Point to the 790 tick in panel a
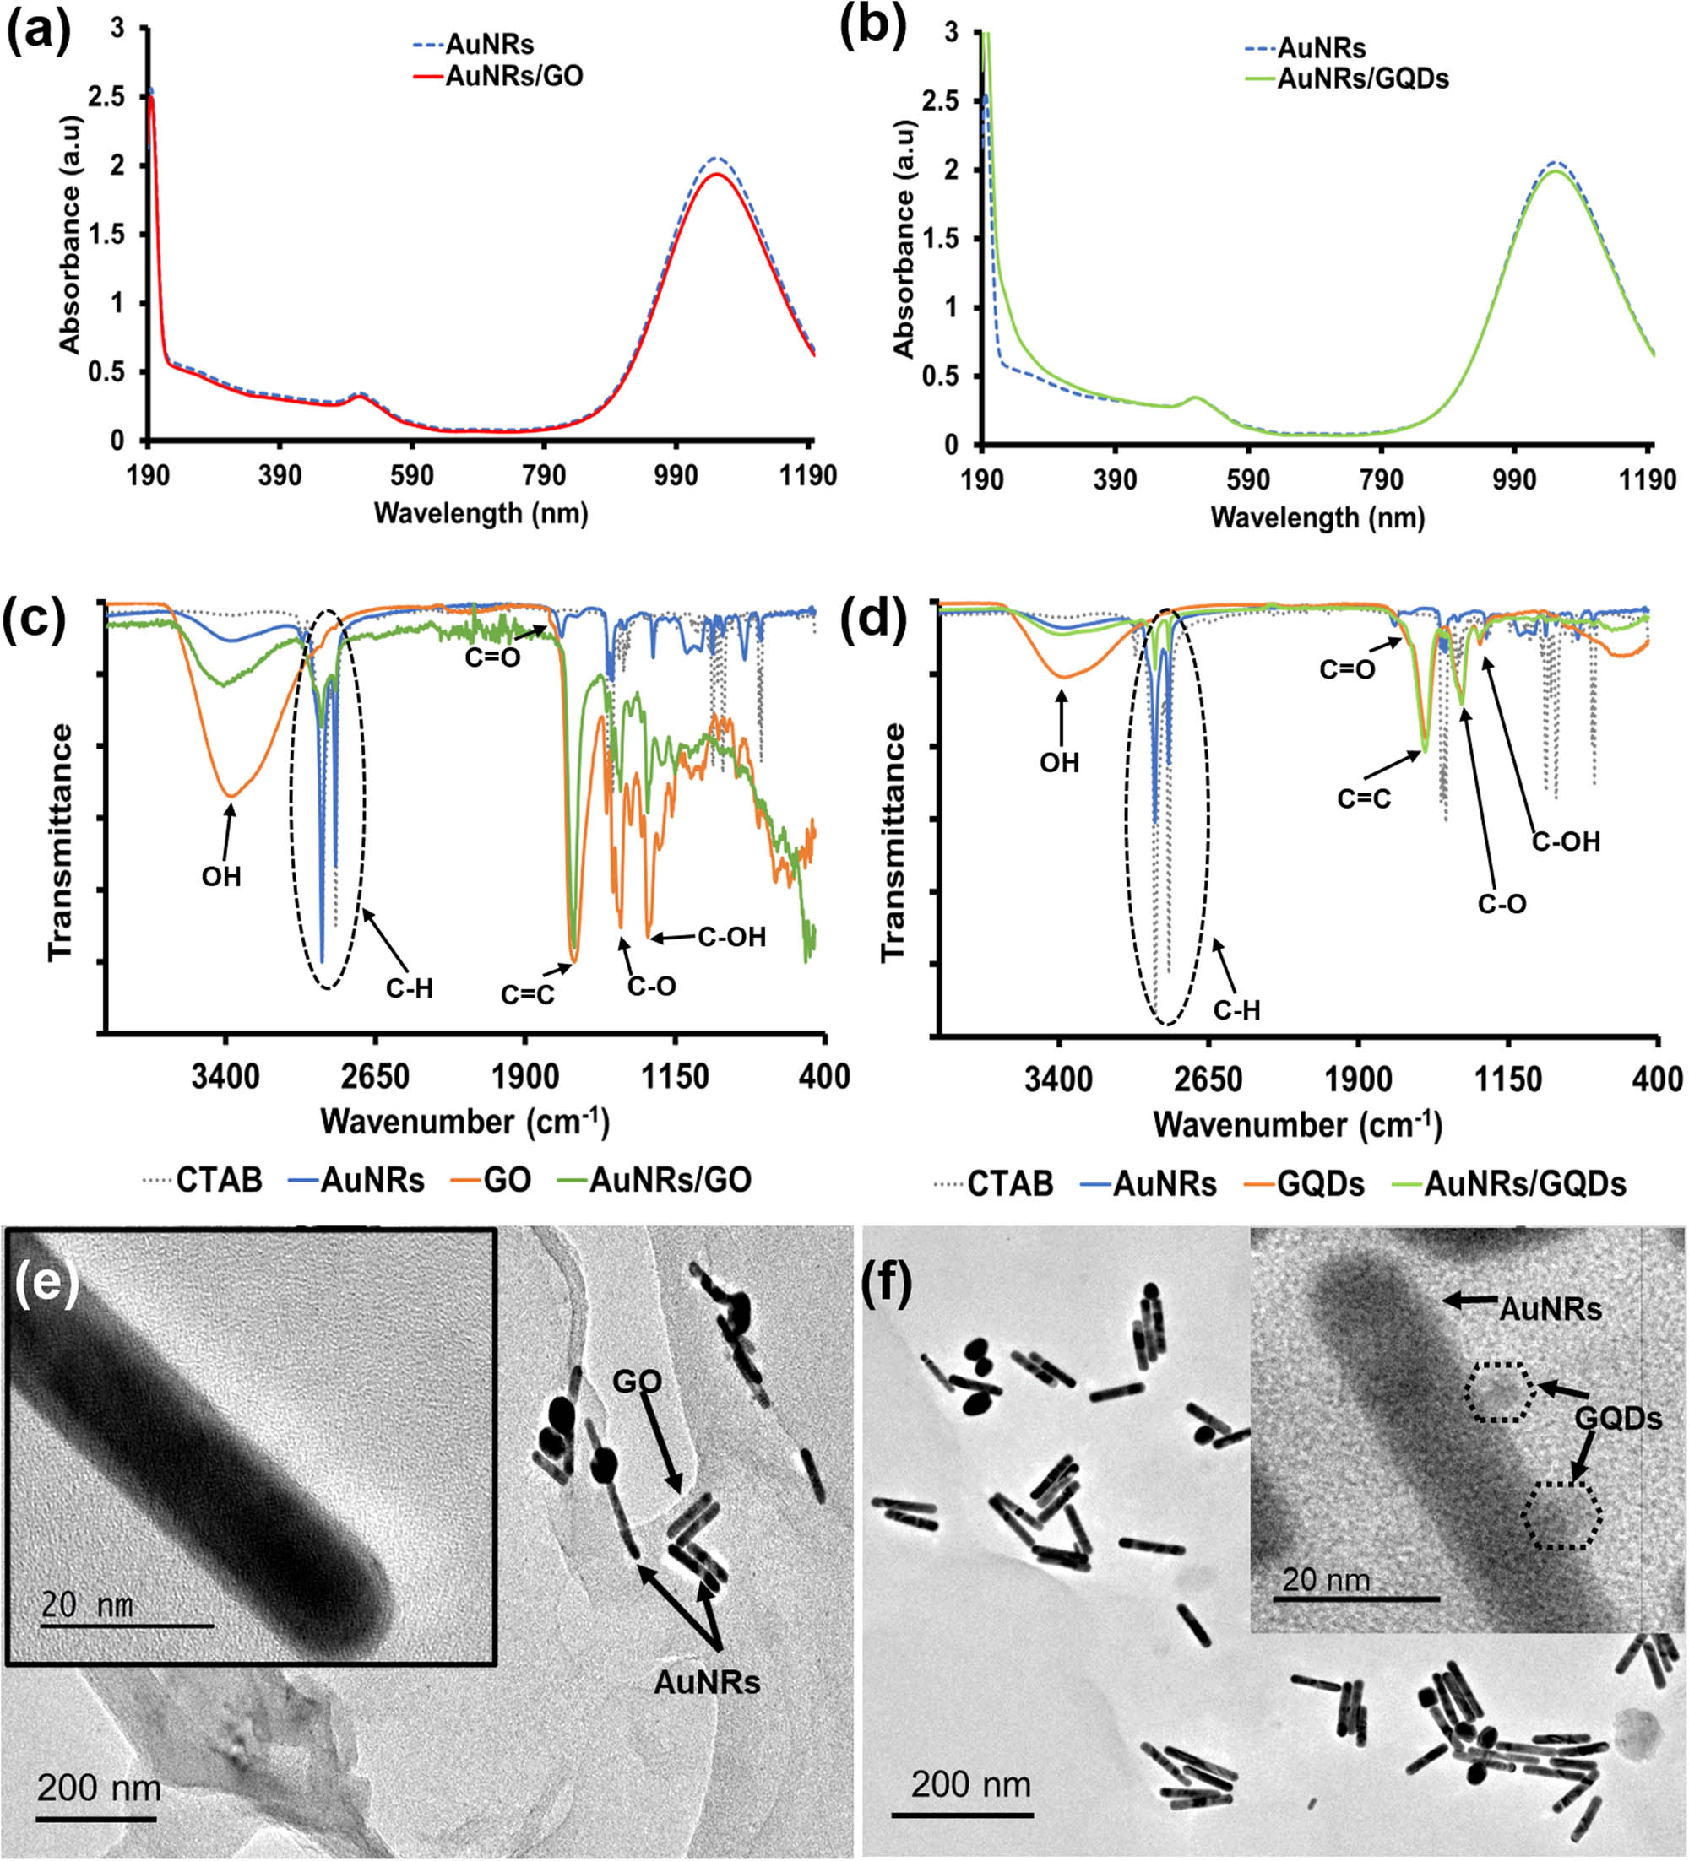click(543, 475)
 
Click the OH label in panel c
click(221, 876)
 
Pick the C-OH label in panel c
click(731, 937)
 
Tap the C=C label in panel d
click(1364, 798)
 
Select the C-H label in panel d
click(1236, 1011)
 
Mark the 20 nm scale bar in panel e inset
click(127, 1625)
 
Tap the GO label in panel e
click(638, 1382)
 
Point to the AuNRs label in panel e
click(707, 1682)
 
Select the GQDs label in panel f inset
click(1617, 1417)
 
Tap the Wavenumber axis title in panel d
click(1296, 1125)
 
